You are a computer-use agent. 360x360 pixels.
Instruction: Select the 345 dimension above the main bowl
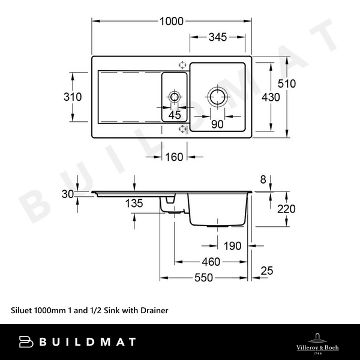coord(217,37)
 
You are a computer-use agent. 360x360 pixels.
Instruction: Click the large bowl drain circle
coord(217,97)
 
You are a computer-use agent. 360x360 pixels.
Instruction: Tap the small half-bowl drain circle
coord(175,97)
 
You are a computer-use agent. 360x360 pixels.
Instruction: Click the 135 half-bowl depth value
coord(134,203)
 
